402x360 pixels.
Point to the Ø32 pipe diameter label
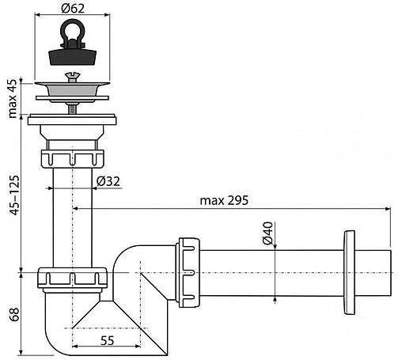click(108, 181)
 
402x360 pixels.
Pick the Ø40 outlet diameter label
click(267, 235)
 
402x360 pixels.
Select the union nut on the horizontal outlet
click(191, 271)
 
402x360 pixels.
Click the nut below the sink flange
click(71, 153)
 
